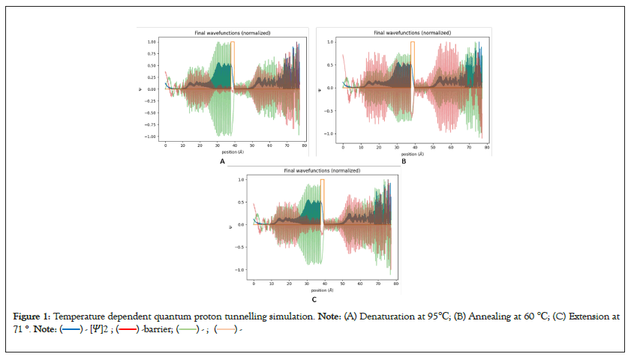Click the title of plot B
click(x=412, y=33)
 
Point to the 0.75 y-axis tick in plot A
click(x=152, y=54)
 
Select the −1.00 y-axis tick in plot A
click(x=151, y=136)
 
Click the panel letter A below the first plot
click(x=222, y=161)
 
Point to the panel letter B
click(x=403, y=161)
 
